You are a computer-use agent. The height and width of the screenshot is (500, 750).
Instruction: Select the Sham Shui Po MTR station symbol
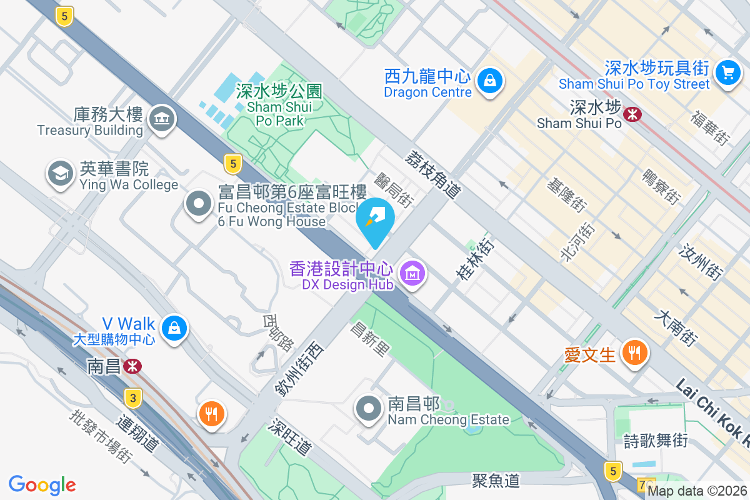[x=632, y=114]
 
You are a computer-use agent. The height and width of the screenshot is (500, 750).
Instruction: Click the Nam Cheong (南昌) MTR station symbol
[x=132, y=366]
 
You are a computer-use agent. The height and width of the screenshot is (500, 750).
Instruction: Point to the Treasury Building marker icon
[x=161, y=119]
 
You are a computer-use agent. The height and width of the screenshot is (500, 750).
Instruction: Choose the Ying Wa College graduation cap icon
[x=61, y=175]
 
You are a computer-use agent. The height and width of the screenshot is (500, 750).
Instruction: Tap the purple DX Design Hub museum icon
[x=412, y=274]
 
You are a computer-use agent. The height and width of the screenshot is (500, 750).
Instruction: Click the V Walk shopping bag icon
[x=174, y=328]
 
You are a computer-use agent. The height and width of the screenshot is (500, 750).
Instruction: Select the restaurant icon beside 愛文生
[x=634, y=354]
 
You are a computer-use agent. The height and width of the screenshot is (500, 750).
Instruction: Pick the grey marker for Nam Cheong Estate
[x=369, y=409]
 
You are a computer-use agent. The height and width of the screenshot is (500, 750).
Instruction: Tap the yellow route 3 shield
[x=131, y=397]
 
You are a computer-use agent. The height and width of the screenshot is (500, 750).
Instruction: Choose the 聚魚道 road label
[x=496, y=480]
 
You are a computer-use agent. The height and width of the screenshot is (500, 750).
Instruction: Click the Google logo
[x=42, y=485]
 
